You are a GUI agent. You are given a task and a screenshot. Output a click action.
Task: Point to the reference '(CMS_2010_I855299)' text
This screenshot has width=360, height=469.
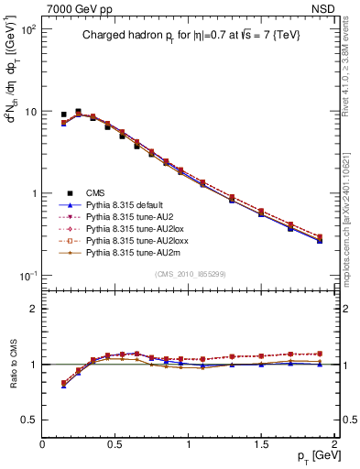pos(189,274)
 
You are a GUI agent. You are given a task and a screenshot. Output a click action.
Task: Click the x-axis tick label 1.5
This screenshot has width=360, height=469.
pos(261,442)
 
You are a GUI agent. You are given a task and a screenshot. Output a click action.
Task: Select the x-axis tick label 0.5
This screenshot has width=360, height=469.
pos(115,442)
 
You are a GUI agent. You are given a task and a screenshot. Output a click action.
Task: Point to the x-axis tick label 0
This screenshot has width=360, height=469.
pos(42,442)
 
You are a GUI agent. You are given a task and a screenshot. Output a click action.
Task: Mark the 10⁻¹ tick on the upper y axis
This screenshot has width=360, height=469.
pos(27,277)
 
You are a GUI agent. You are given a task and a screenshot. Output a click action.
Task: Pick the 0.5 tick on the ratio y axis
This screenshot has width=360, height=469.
pos(29,420)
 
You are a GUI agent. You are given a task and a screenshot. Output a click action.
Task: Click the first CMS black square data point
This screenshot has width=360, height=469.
pos(63,115)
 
